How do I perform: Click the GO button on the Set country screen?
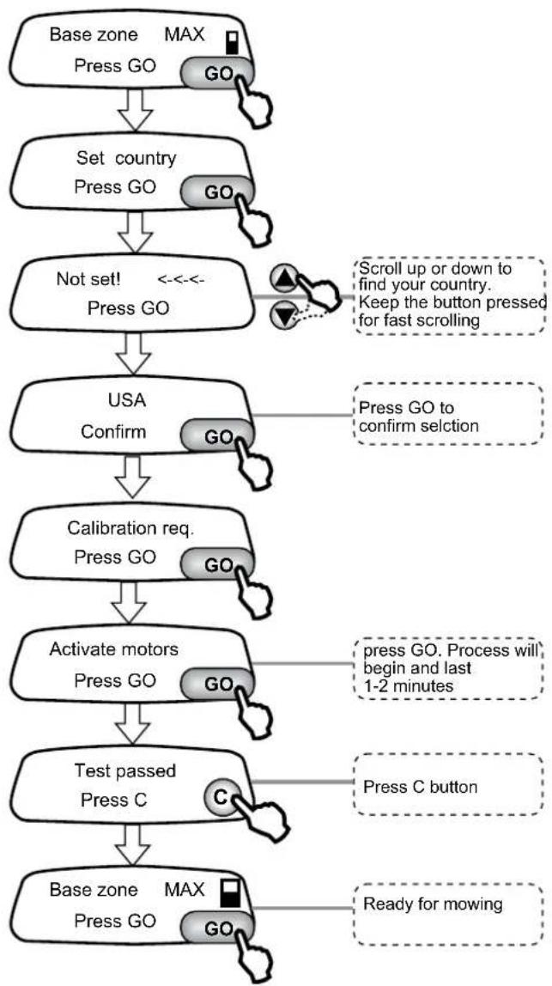pos(217,192)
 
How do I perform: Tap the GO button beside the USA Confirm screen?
pos(217,436)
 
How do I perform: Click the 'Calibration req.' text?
pos(130,528)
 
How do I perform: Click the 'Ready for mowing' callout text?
pos(433,904)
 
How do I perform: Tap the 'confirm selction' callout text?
pos(418,425)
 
